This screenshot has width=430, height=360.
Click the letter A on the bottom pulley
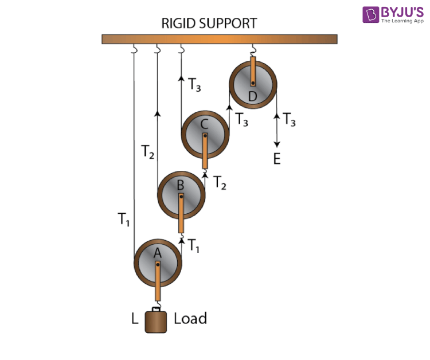[158, 253]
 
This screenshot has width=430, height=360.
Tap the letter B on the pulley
[181, 185]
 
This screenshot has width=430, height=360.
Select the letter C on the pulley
[204, 124]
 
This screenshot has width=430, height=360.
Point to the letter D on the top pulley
[252, 96]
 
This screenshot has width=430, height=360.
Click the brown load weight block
[156, 322]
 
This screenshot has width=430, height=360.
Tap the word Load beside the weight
[190, 318]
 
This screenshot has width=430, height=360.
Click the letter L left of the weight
[135, 319]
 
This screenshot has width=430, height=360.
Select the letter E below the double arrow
[277, 159]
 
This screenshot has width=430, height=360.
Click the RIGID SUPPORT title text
[209, 24]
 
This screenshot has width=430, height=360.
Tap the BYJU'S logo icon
[370, 14]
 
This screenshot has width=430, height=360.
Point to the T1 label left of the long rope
[123, 220]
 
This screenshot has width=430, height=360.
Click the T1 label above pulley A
[193, 245]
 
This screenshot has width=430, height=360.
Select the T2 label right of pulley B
[220, 183]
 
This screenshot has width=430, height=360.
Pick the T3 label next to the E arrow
[289, 120]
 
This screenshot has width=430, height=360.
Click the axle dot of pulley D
[253, 83]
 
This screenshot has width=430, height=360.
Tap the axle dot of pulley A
[158, 265]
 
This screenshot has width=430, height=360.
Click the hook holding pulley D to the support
[253, 50]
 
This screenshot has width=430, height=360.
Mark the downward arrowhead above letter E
[277, 144]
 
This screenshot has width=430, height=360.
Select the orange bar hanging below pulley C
[205, 151]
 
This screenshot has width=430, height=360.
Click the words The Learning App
[402, 21]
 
